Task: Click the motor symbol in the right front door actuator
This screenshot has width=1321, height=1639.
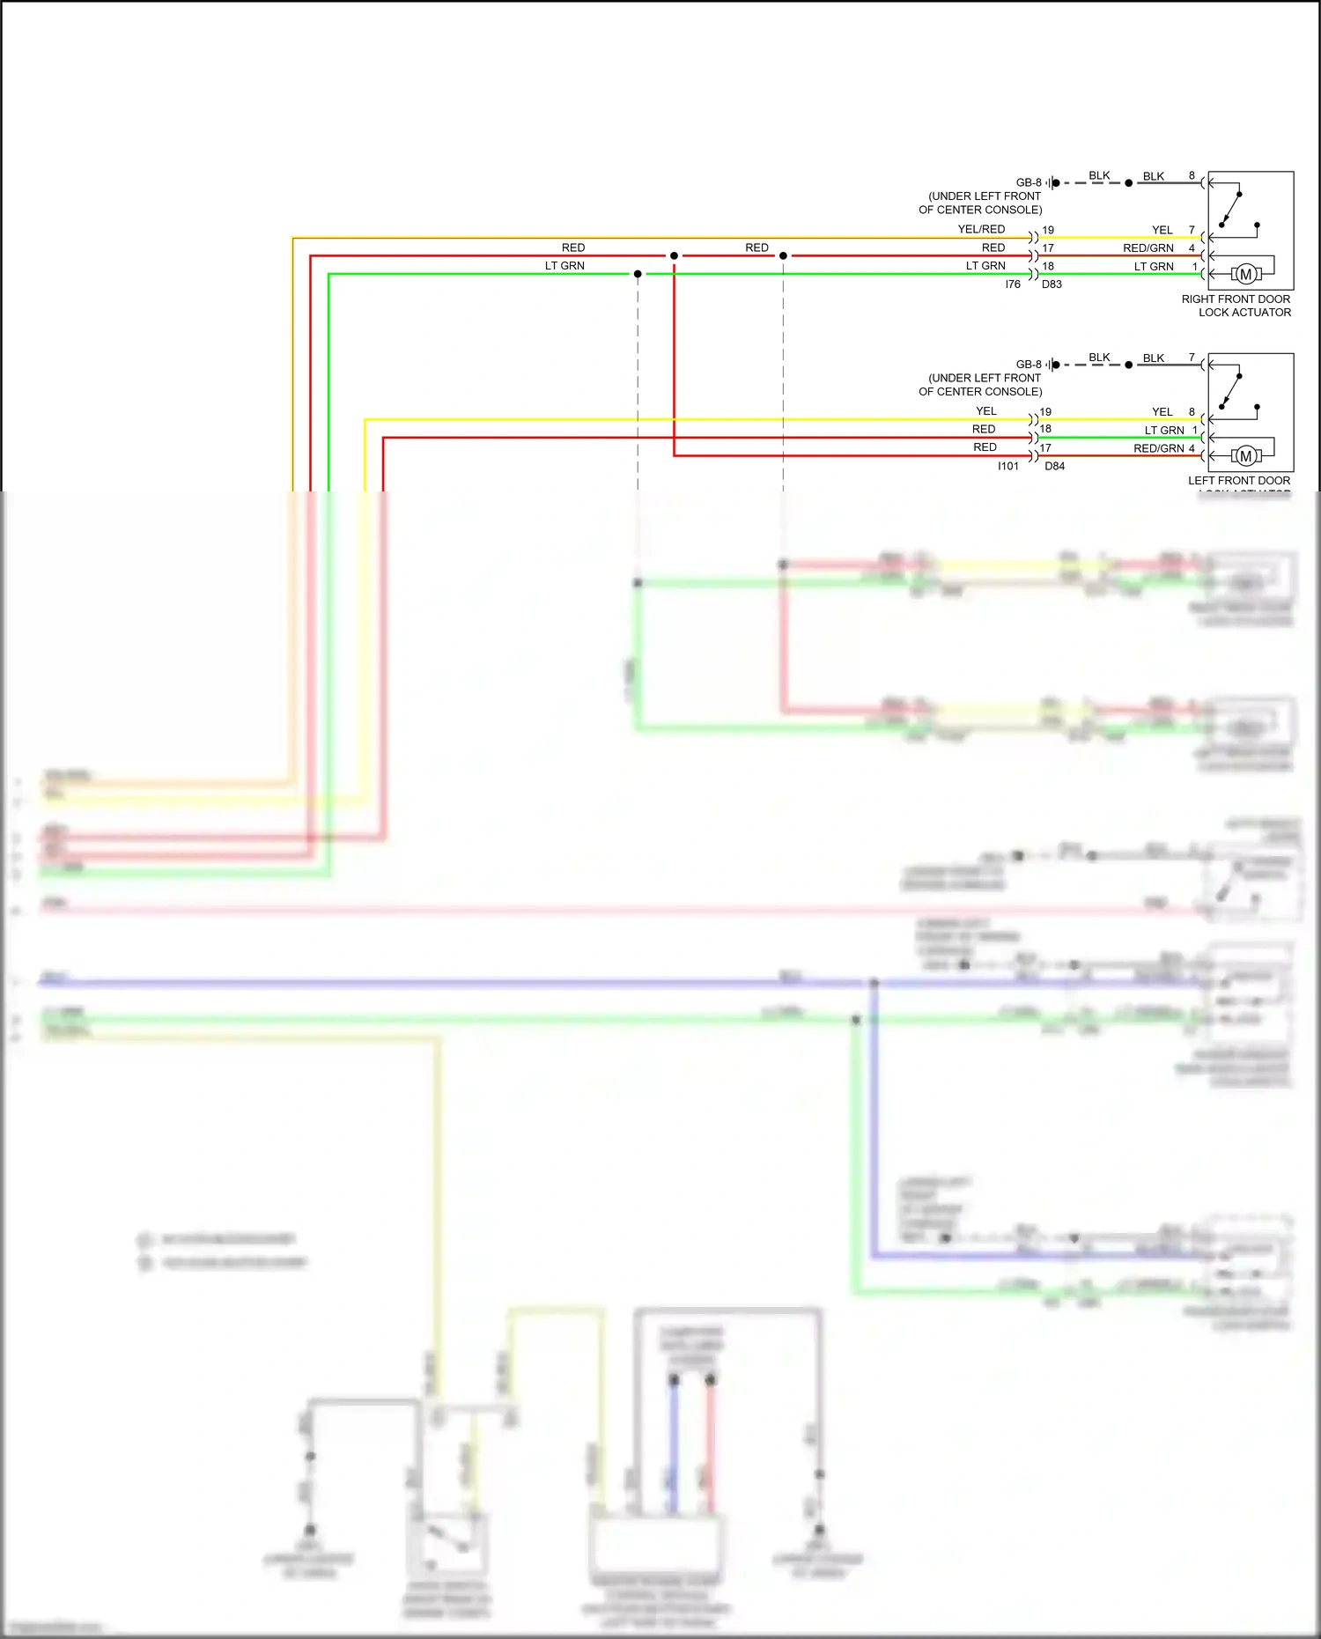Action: point(1245,275)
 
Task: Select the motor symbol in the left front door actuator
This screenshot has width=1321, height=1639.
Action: point(1245,456)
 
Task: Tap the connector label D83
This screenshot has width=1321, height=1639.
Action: point(1052,284)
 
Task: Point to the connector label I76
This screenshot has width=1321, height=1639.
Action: point(1013,284)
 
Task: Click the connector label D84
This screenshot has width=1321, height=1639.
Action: point(1054,466)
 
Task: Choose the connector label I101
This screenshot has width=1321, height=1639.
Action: point(1007,466)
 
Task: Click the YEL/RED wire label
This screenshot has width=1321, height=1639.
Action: point(981,229)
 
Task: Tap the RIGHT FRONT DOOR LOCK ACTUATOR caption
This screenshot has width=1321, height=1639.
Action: point(1236,306)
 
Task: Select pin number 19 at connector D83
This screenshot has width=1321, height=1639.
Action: point(1048,230)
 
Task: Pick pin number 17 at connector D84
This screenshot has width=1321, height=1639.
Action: point(1045,447)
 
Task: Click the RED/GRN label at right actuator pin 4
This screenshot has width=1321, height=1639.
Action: point(1148,248)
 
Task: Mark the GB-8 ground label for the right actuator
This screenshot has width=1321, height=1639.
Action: point(1029,182)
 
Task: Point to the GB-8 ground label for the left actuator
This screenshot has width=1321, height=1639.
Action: point(1029,364)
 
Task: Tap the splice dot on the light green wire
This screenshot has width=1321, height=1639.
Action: point(638,274)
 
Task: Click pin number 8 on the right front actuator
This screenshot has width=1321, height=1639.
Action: point(1192,176)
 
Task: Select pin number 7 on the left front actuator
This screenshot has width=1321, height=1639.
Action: point(1192,358)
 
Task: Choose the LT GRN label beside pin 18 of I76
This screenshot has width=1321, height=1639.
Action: point(985,266)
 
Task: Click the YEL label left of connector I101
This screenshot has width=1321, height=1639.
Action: point(986,411)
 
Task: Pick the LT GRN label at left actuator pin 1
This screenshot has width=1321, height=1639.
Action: point(1164,431)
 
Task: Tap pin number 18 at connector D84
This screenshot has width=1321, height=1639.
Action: point(1045,429)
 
